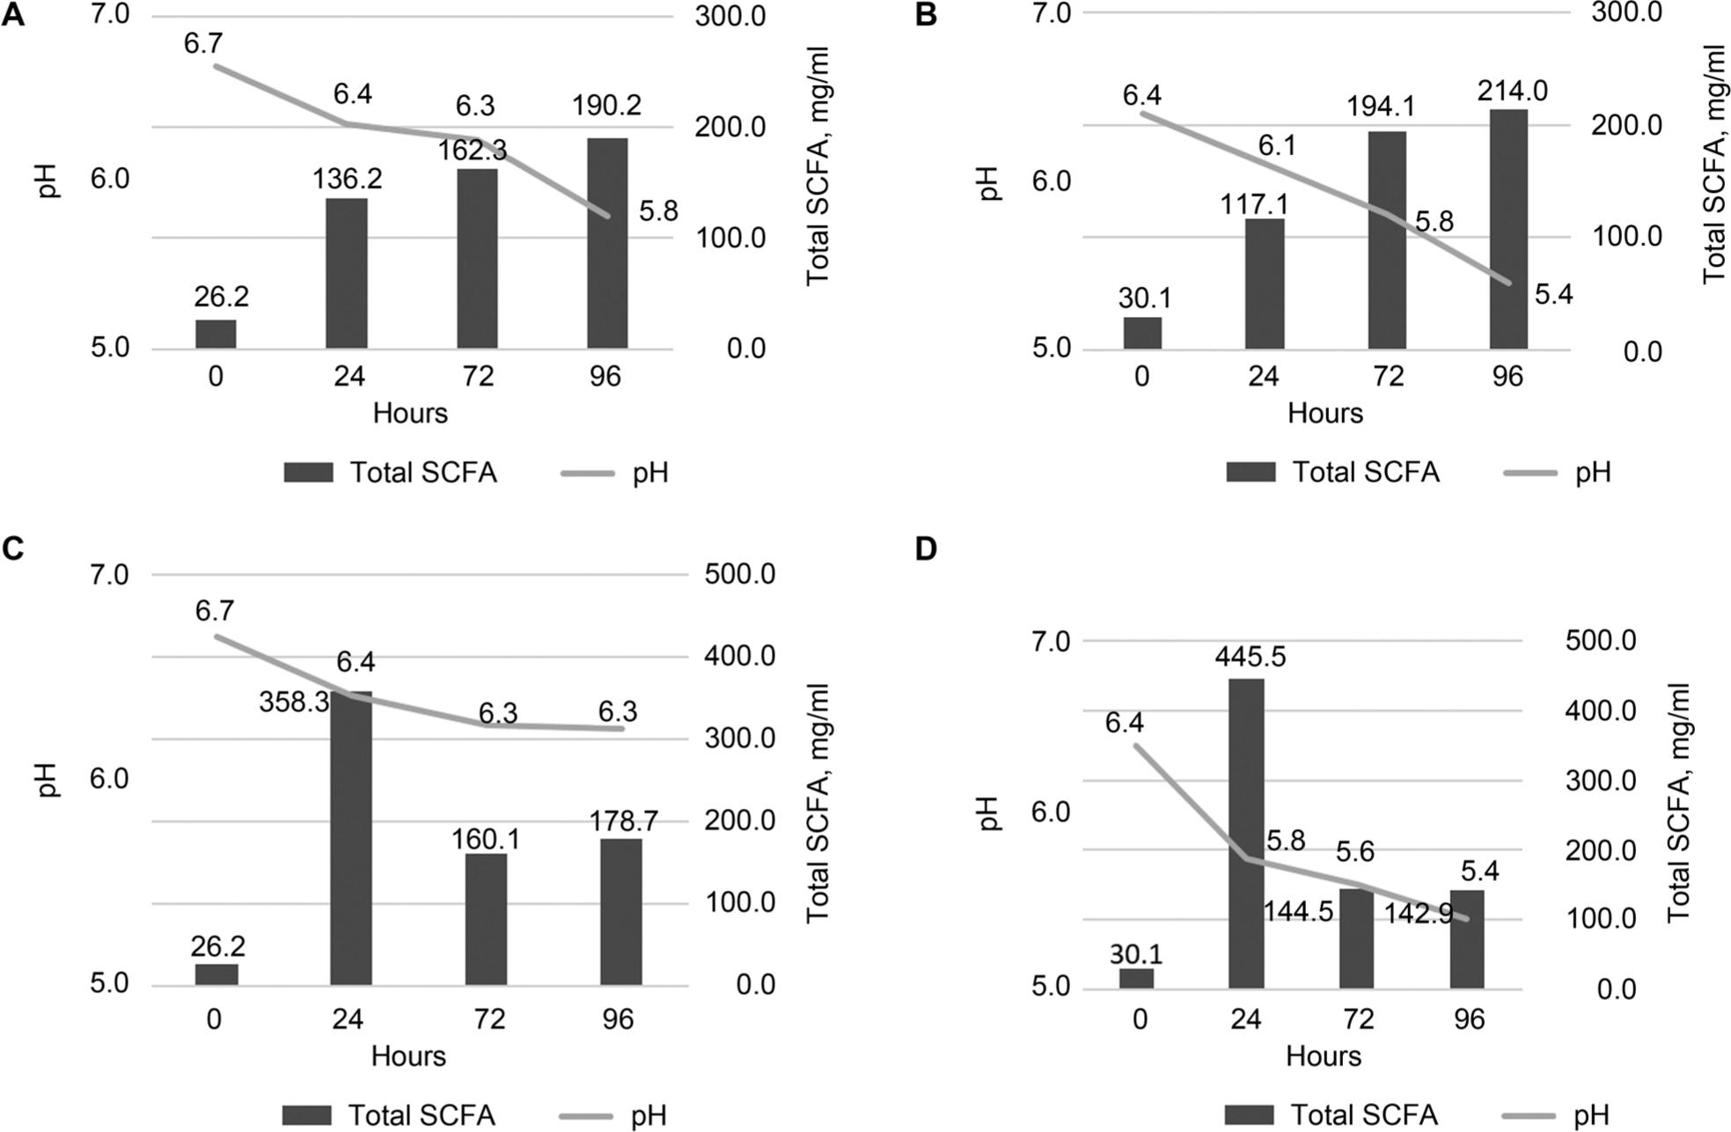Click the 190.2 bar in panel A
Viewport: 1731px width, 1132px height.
tap(607, 244)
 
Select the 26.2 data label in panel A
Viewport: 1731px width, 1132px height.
tap(221, 297)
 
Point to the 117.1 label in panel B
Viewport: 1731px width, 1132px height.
tap(1254, 204)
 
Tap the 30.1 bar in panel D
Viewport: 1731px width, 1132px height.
tap(1136, 979)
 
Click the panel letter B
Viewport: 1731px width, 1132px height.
tap(926, 15)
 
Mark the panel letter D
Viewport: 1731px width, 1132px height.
tap(926, 549)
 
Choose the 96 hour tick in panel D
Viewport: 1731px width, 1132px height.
tap(1468, 1019)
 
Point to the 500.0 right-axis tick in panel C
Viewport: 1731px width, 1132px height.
tap(739, 575)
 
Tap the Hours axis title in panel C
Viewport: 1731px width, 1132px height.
tap(408, 1055)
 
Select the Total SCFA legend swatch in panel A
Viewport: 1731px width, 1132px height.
tap(308, 473)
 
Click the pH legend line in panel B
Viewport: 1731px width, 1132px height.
tap(1531, 473)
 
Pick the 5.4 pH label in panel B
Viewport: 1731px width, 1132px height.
tap(1553, 295)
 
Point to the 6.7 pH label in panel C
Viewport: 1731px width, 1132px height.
tap(215, 610)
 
